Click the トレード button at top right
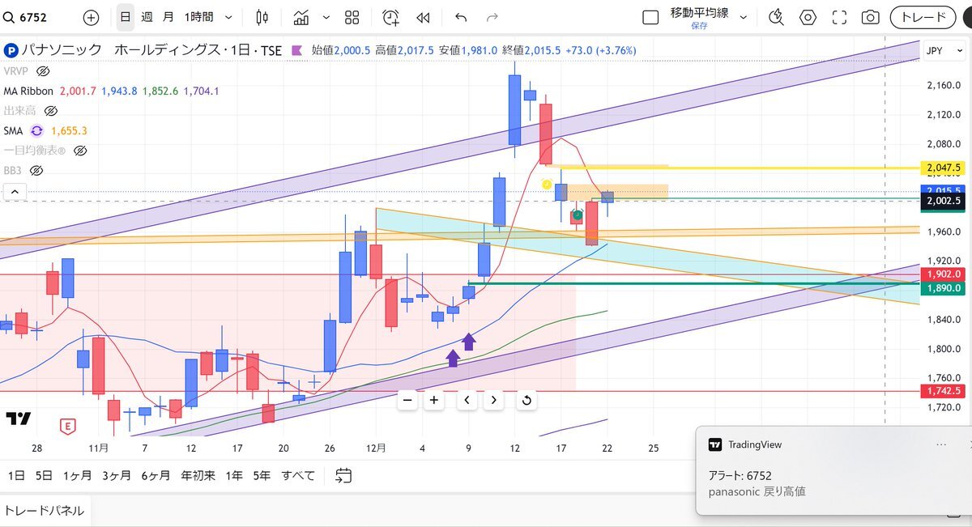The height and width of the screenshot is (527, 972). (923, 17)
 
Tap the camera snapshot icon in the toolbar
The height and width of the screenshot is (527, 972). (870, 17)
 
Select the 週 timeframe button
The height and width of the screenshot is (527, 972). (147, 17)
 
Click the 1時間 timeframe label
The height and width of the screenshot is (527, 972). (199, 17)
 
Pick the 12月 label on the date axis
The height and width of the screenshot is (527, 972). (376, 447)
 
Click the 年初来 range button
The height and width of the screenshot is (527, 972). (198, 476)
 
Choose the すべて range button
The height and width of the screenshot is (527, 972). (298, 476)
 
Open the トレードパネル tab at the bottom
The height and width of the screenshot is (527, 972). (45, 510)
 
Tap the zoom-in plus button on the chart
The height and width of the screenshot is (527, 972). (434, 400)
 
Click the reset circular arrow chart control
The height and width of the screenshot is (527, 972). (526, 400)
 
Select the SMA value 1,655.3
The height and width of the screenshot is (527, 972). (69, 130)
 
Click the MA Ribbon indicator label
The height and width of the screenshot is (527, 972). (28, 91)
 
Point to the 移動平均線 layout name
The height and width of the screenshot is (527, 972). (699, 13)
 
